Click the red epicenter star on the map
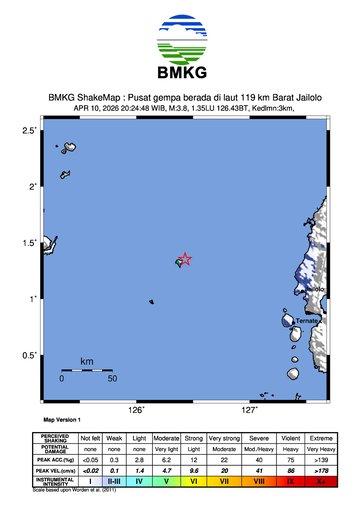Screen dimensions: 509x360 click(185, 258)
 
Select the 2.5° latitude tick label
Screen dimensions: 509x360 click(30, 131)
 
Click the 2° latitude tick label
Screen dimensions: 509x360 click(33, 187)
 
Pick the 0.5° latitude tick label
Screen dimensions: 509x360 click(30, 355)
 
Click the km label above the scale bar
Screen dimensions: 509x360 click(87, 360)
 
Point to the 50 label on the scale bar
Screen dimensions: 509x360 click(112, 379)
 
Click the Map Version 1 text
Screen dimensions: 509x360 click(62, 420)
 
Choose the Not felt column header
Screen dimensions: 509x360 click(90, 438)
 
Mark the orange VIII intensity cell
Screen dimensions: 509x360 click(259, 481)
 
